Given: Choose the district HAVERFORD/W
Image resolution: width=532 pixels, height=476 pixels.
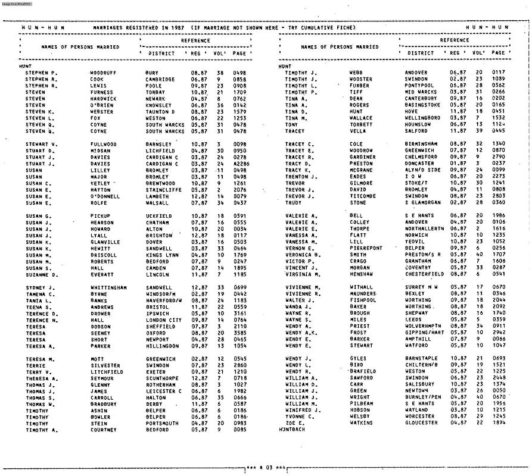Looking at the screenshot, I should click(164, 300).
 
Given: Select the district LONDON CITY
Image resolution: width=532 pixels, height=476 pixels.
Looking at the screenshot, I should click(164, 320).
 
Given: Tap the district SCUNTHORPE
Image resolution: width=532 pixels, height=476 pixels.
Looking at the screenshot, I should click(161, 378).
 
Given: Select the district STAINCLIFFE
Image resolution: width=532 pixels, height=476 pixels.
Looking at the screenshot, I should click(163, 190).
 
